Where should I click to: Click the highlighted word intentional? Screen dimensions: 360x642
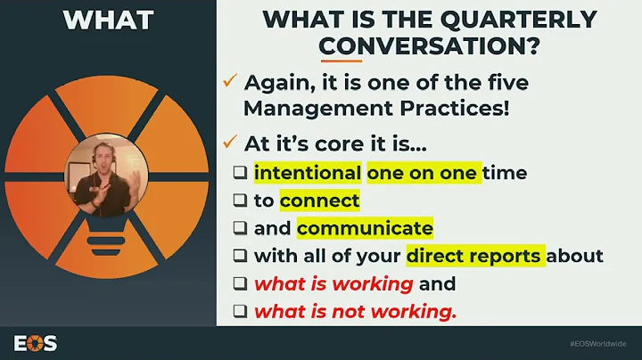click(308, 172)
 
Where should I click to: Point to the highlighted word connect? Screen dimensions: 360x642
click(319, 200)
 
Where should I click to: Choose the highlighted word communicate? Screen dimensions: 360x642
click(365, 228)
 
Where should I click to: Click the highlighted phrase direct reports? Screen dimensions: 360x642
click(473, 256)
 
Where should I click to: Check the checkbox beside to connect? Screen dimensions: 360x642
click(241, 201)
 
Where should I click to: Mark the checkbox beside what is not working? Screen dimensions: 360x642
click(241, 313)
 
